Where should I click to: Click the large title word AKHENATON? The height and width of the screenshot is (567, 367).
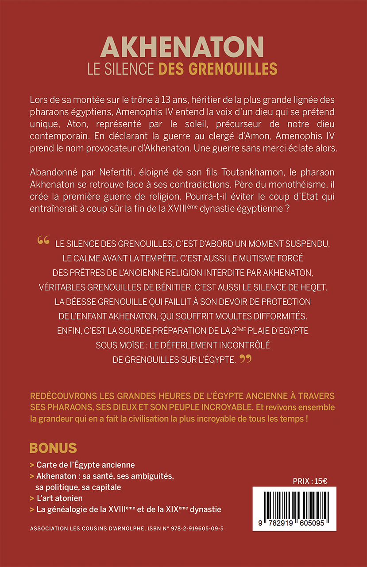coord(182,47)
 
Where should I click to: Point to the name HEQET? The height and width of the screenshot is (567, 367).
coord(313,287)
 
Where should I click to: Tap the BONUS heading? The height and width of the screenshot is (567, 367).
coord(53,448)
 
